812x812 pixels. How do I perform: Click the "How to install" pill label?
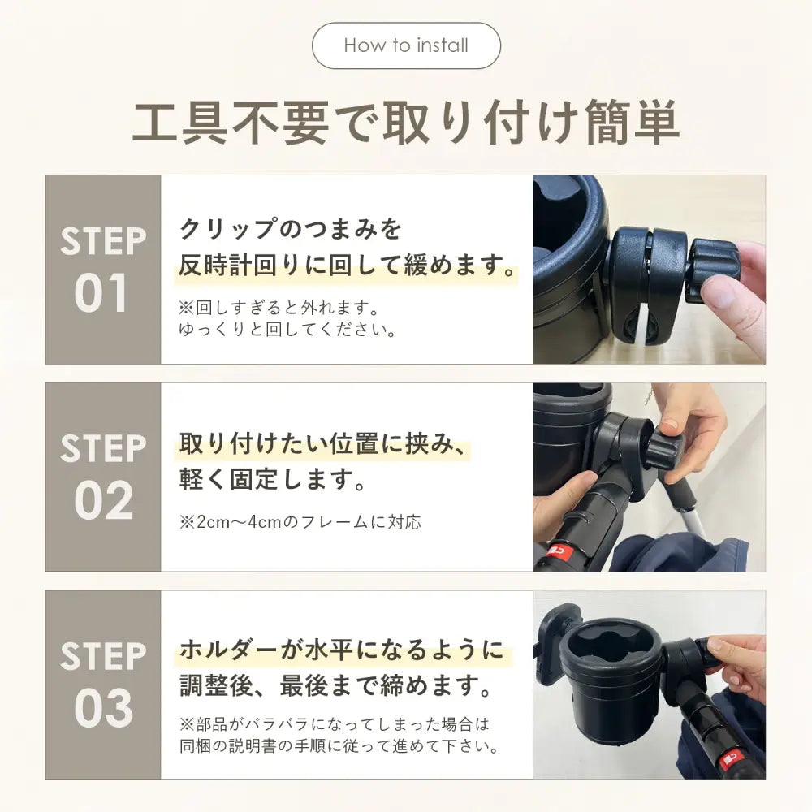406,45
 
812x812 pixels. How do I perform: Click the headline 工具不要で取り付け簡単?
406,123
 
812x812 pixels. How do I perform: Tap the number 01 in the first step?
101,293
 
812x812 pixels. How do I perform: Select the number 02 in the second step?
104,500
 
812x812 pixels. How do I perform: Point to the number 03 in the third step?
104,708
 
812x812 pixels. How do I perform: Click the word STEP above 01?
103,241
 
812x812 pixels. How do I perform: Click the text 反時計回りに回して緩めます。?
348,265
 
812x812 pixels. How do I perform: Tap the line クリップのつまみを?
290,228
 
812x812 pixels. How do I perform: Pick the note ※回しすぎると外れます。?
279,308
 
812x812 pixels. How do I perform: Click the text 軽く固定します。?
273,479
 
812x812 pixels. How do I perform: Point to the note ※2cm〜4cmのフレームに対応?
300,521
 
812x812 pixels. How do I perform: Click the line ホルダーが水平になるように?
342,650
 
